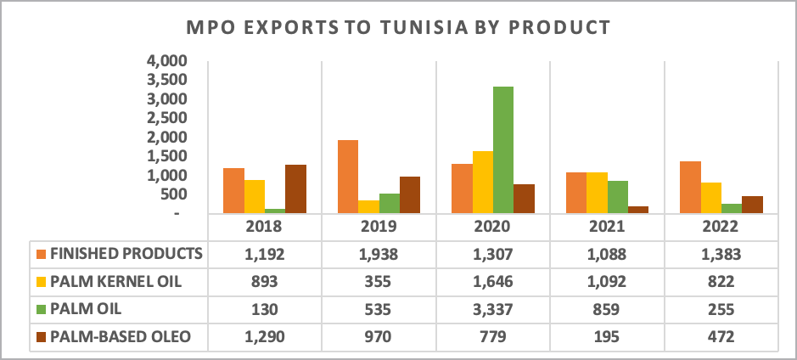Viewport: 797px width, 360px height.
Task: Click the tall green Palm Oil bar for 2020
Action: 502,149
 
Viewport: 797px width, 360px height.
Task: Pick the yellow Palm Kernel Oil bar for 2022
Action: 711,198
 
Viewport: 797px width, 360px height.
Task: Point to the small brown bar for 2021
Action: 638,209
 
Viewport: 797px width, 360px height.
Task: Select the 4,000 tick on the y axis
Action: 166,62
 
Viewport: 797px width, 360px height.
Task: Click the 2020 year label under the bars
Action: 493,228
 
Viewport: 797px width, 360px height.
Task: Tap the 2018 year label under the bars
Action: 265,228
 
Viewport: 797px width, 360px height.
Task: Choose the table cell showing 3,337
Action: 493,310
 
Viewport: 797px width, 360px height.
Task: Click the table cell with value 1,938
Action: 379,254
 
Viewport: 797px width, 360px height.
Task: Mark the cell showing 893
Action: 265,282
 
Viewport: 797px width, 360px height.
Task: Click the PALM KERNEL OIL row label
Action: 116,282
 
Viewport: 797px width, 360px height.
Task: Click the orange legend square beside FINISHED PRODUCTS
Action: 41,254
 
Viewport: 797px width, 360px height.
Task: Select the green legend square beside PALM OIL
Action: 41,310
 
